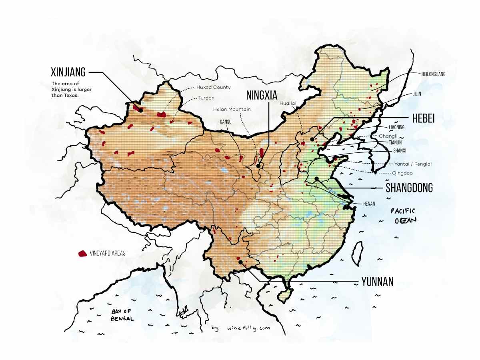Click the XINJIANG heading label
tap(68, 72)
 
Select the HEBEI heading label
tap(423, 118)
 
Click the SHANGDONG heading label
tap(409, 188)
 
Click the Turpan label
tap(206, 98)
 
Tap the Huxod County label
tap(213, 87)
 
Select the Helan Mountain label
tap(232, 109)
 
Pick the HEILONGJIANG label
tap(433, 74)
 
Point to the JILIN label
tap(417, 94)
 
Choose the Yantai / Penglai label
tap(413, 164)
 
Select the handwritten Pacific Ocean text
tap(404, 216)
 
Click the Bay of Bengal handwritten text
tap(122, 315)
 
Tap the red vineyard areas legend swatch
tap(83, 253)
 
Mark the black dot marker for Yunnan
tap(241, 262)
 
